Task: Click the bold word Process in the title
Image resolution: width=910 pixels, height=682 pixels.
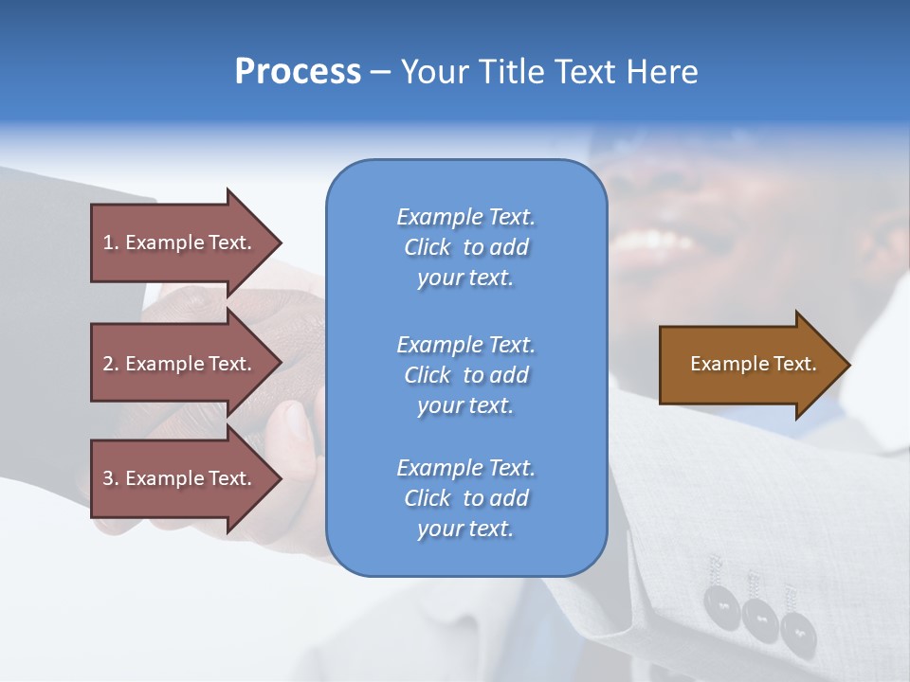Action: coord(298,72)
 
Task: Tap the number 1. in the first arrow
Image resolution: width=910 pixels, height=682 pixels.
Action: coord(111,242)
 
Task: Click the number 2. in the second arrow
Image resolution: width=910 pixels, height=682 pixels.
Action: coord(111,364)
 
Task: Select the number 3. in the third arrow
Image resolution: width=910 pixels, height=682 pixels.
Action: coord(111,478)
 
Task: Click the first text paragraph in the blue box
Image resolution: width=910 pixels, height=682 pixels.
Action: coord(465,247)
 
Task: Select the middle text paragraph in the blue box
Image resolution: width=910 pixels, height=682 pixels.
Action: coord(465,375)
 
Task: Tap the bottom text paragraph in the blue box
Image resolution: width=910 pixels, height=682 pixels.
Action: coord(465,498)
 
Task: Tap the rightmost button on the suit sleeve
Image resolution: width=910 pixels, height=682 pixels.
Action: coord(792,626)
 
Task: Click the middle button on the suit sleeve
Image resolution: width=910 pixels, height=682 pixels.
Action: coord(759,617)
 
